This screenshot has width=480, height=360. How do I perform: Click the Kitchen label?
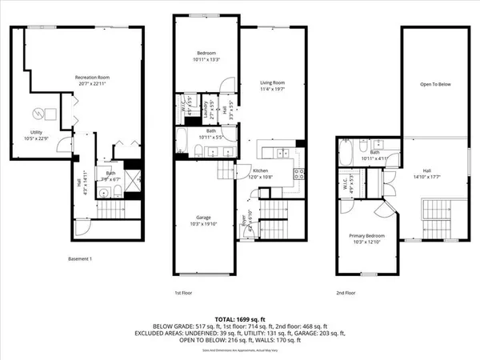pos(261,170)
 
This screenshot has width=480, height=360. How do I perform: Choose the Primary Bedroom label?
pos(366,235)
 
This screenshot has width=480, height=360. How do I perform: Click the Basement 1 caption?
pos(80,258)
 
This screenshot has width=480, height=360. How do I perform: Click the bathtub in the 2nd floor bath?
pos(348,151)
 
